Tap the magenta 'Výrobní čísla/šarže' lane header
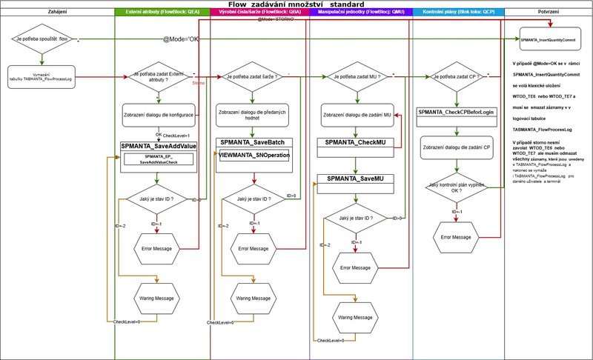point(259,13)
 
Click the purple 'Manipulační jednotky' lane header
point(360,13)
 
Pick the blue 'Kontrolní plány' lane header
point(458,13)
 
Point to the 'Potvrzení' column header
point(548,13)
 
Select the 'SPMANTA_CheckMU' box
point(354,142)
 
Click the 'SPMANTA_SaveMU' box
point(354,179)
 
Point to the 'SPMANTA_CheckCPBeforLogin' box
point(456,112)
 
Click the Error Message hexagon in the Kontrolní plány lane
point(456,236)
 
